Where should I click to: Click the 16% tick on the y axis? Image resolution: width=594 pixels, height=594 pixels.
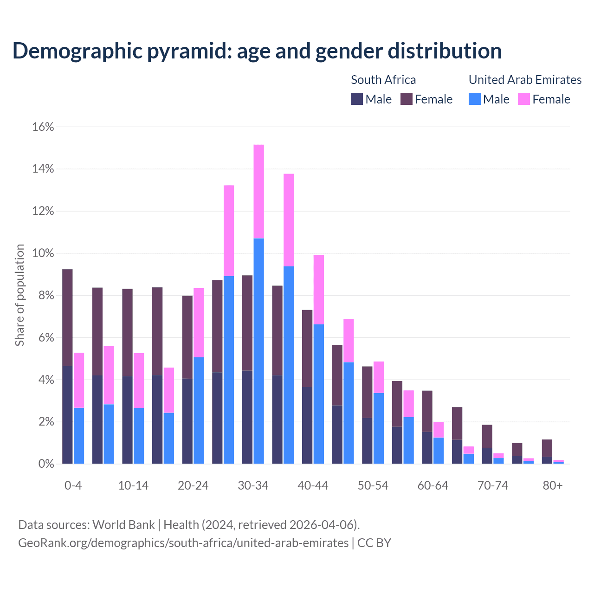pos(43,127)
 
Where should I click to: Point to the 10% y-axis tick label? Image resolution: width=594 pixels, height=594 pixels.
pos(43,254)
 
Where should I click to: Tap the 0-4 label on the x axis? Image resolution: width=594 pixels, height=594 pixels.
pos(73,486)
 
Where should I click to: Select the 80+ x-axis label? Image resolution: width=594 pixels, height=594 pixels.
pos(553,486)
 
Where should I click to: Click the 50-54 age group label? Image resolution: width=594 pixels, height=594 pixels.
pos(373,486)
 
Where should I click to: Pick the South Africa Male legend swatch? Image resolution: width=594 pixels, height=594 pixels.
pos(356,99)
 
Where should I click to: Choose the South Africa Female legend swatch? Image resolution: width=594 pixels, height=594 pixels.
pos(406,99)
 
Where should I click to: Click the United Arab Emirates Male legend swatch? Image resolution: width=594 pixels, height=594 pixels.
pos(474,99)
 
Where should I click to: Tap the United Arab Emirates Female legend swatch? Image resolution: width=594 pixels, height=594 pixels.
pos(523,99)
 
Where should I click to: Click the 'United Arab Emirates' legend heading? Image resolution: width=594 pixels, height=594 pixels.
pos(525,80)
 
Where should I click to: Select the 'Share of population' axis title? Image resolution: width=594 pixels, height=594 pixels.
pos(20,295)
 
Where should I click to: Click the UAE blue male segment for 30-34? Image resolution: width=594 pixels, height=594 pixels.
pos(259,351)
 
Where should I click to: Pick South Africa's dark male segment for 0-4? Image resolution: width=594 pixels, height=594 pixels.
pos(67,415)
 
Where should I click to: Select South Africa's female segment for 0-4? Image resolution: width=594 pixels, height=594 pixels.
pos(67,317)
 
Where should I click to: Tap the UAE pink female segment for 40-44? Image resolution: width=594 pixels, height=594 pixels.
pos(319,290)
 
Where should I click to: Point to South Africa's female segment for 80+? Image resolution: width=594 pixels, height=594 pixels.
pos(547,448)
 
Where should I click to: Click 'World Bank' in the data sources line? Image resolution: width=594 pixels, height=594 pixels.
pos(123,525)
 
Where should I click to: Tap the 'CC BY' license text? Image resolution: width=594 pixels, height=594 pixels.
pos(374,543)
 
